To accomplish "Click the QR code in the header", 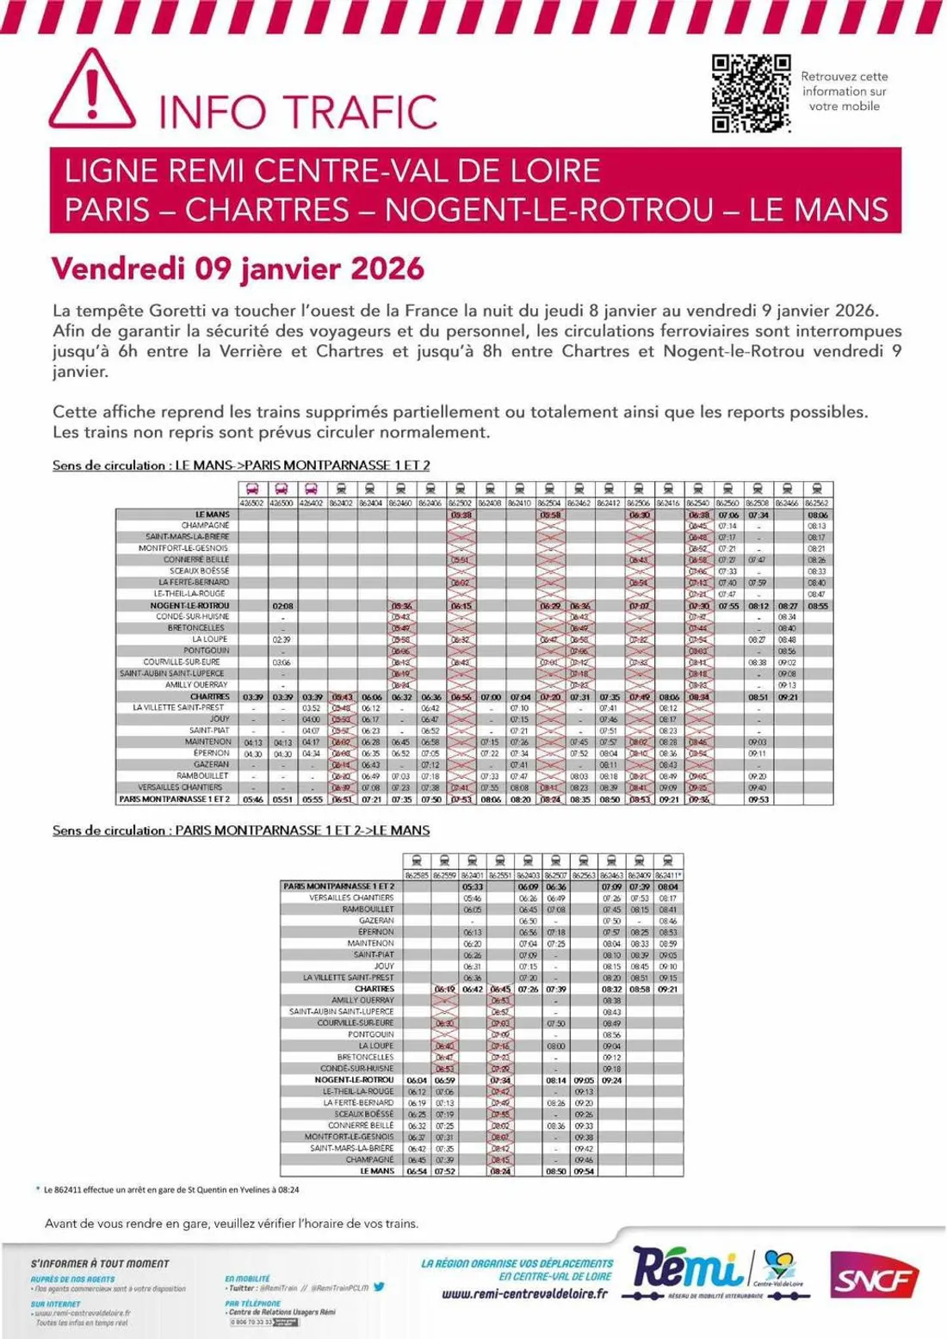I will click(751, 93).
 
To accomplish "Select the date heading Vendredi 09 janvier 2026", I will click(238, 268).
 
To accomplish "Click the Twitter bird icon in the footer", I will click(380, 1287).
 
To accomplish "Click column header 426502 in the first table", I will click(252, 503).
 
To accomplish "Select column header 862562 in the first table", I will click(817, 503).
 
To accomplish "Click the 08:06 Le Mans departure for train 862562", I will click(817, 515).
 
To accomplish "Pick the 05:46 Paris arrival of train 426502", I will click(252, 799).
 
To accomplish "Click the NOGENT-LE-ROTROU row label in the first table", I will click(189, 606).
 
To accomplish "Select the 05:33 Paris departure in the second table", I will click(472, 885).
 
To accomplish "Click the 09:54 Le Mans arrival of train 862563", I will click(584, 1171).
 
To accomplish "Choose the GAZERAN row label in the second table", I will click(377, 920).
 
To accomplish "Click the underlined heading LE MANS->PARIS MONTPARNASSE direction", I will click(241, 466).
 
